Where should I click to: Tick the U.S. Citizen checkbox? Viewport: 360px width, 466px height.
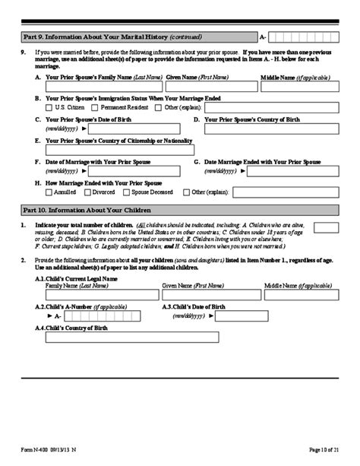click(x=49, y=107)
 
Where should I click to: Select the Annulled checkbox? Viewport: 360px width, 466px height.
click(x=49, y=193)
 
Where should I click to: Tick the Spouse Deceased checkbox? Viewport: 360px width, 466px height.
click(x=126, y=193)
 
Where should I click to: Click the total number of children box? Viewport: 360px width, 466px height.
click(x=326, y=227)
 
